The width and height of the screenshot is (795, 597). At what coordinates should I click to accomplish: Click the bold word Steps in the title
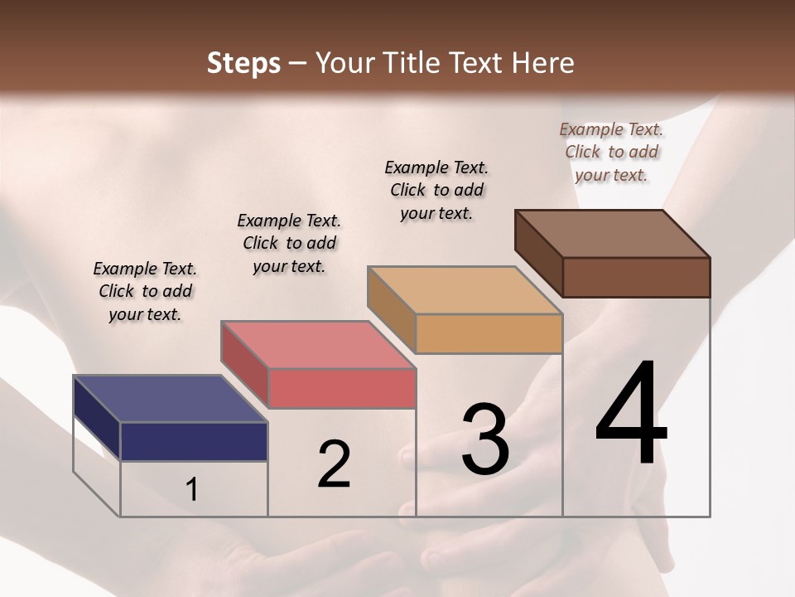pos(243,63)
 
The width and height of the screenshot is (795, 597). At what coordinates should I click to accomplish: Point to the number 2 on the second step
pos(335,464)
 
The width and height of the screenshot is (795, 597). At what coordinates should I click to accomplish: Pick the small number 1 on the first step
pos(192,489)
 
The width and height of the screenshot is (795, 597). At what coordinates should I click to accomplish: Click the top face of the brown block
pos(612,234)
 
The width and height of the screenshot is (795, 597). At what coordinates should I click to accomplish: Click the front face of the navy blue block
pos(194,441)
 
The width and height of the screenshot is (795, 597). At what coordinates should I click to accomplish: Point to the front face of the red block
pos(341,388)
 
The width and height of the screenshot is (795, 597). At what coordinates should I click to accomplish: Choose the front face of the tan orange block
pos(489,333)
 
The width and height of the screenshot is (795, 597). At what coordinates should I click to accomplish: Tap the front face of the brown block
pos(636,277)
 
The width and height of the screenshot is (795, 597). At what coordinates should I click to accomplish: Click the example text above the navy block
pos(145,291)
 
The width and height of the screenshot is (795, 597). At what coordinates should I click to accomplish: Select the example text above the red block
pos(289,243)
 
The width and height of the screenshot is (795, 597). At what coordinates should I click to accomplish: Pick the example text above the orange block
pos(436,190)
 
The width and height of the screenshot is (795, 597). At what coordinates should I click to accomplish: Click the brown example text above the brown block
pos(611,152)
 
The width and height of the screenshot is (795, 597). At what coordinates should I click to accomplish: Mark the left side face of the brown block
pos(538,253)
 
